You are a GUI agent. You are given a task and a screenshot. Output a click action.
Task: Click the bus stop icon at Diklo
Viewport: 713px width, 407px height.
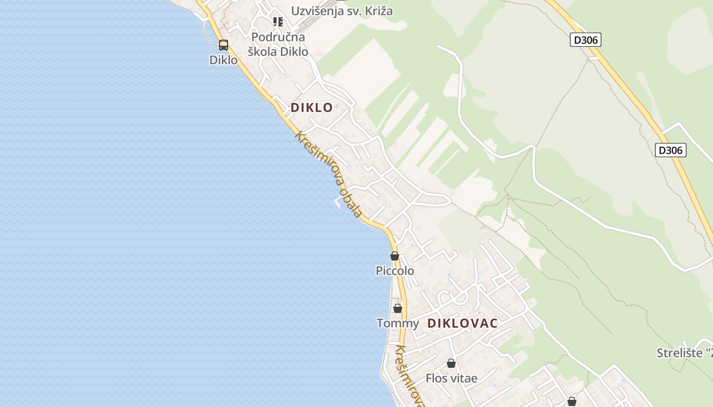coord(224,45)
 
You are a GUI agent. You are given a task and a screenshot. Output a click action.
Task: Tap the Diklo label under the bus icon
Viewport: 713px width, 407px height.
coord(224,60)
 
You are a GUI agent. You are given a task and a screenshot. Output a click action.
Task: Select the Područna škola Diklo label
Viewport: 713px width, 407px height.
coord(278,44)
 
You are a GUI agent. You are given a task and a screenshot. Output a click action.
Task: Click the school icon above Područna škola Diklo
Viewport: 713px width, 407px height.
coord(278,21)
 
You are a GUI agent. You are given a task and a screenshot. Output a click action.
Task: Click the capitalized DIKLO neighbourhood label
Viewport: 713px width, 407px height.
coord(312,107)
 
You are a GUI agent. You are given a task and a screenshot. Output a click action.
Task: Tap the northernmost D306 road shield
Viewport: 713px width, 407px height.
coord(586,40)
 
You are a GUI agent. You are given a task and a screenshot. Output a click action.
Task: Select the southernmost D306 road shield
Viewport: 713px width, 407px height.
coord(671,150)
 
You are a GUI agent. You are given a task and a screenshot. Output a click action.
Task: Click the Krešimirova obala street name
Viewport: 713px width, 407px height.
coord(329,174)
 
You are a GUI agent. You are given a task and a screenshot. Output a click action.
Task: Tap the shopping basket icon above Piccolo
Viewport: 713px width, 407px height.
coord(395,255)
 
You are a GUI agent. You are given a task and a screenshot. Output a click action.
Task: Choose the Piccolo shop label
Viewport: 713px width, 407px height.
coord(395,271)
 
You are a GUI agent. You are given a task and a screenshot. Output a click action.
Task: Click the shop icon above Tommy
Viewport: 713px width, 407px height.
coord(398,308)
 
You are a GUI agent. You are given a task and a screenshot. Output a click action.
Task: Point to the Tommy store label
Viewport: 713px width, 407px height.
coord(398,323)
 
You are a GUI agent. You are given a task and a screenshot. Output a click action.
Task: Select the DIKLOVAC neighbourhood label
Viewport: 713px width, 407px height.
coord(462,323)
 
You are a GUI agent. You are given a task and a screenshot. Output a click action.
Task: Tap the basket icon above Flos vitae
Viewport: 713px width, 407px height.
coord(451,363)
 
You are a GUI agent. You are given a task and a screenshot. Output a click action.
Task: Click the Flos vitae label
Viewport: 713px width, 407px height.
coord(452,378)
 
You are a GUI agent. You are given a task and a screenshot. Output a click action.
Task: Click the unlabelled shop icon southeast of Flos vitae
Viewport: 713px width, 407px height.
coord(572,401)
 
